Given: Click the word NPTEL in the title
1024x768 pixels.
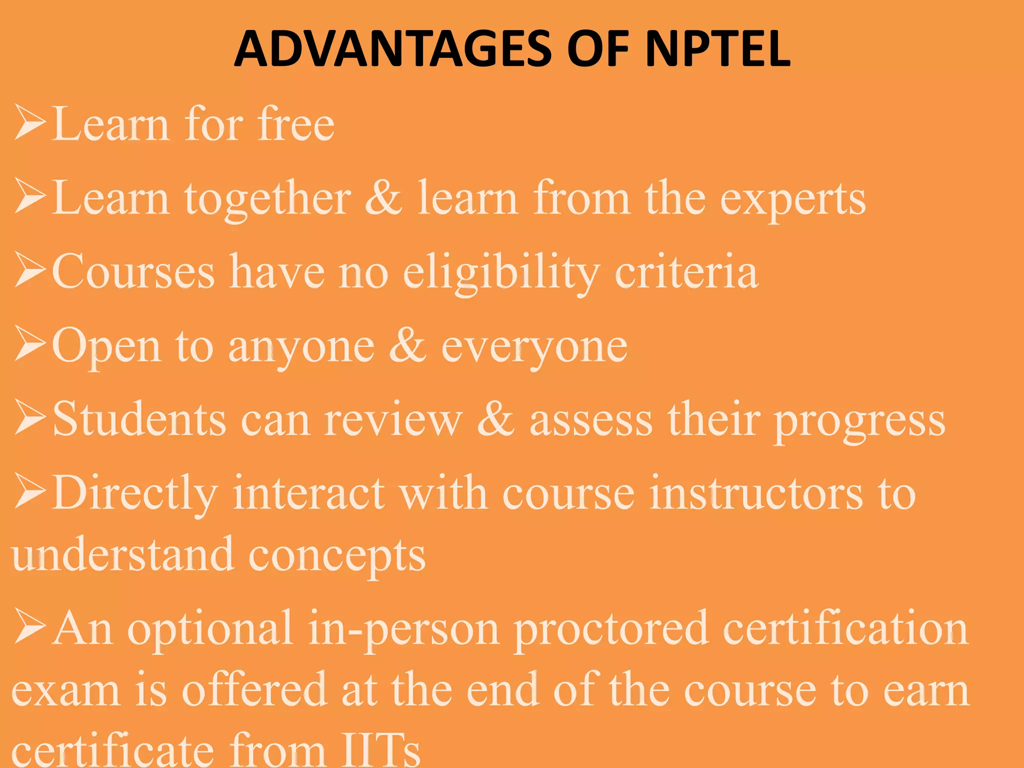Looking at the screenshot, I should pyautogui.click(x=717, y=49).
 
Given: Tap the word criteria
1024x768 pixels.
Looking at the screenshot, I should pyautogui.click(x=686, y=272).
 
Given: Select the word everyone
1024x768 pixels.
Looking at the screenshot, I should pyautogui.click(x=534, y=347).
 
